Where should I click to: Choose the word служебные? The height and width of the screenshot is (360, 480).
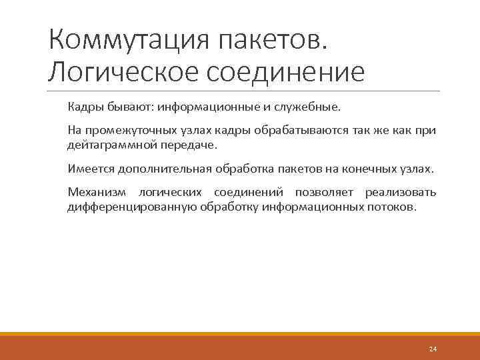point(309,107)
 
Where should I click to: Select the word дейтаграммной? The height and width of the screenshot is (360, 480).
point(107,145)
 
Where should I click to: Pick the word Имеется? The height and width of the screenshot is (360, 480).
point(90,169)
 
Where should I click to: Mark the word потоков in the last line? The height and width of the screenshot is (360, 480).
point(393,207)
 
